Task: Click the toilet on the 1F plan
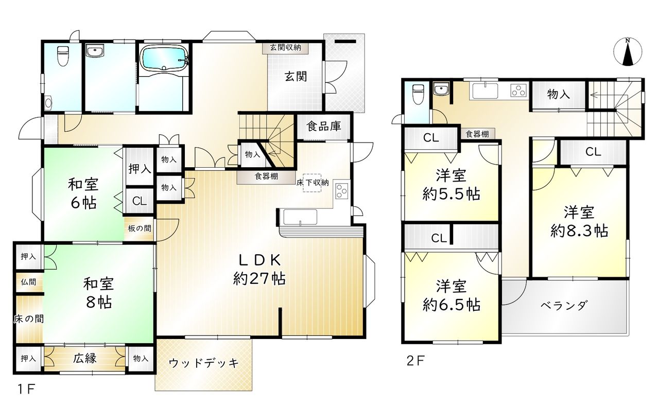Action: click(62, 56)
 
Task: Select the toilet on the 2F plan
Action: click(418, 94)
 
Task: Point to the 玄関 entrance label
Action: click(296, 77)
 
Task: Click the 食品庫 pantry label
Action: click(324, 126)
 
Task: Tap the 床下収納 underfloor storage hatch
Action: click(312, 182)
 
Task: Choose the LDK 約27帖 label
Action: click(259, 269)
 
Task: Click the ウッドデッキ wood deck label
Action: click(203, 363)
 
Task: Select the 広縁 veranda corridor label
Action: click(85, 358)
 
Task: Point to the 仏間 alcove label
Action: click(28, 282)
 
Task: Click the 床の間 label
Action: click(28, 318)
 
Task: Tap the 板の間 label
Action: click(140, 228)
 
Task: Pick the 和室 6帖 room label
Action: click(83, 193)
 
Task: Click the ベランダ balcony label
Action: click(564, 306)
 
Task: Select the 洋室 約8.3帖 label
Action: click(579, 221)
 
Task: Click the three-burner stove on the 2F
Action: click(518, 90)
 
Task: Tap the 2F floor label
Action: click(415, 360)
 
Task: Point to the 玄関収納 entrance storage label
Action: click(285, 47)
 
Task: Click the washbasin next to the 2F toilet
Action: click(441, 89)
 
